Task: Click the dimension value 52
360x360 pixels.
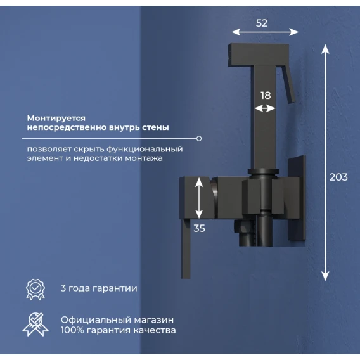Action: point(262,23)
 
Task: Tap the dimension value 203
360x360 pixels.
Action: point(338,177)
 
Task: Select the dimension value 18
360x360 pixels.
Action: point(266,96)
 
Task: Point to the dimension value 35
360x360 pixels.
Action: point(199,228)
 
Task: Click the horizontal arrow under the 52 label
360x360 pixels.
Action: point(265,32)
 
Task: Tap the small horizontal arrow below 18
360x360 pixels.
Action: point(265,108)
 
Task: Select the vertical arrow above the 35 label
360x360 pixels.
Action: point(199,198)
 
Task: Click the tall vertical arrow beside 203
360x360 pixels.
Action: point(325,162)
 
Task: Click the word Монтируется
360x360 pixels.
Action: point(56,119)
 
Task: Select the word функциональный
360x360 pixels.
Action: point(145,149)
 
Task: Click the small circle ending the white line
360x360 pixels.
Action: point(199,138)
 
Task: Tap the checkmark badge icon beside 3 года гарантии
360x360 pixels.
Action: point(35,289)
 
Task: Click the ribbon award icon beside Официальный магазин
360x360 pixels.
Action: point(35,324)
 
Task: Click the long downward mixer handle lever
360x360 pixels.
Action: point(186,248)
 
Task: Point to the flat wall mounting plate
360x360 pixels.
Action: point(297,198)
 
